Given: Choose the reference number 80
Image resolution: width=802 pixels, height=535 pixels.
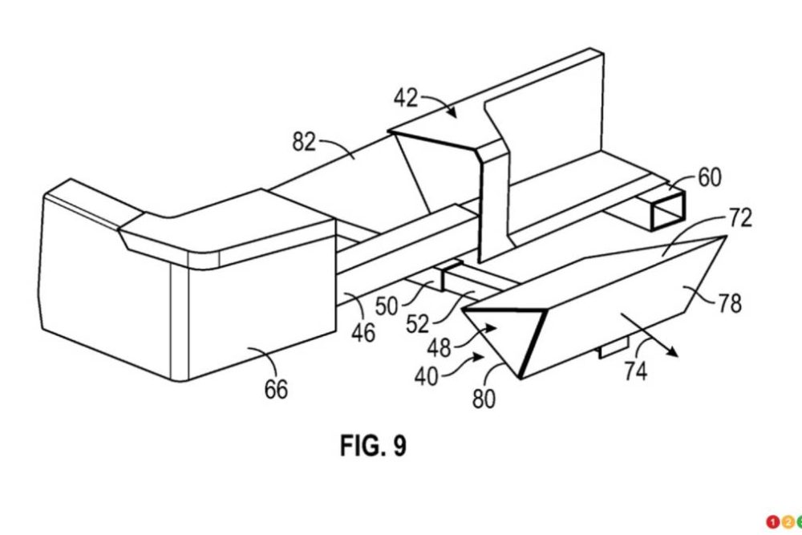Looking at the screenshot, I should coord(484,399).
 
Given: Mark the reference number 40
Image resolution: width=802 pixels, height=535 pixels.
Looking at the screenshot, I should coord(426,375).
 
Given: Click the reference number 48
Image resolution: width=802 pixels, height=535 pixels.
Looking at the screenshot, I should coord(437,347).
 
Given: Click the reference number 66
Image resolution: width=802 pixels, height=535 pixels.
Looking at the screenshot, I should coord(276,390).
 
